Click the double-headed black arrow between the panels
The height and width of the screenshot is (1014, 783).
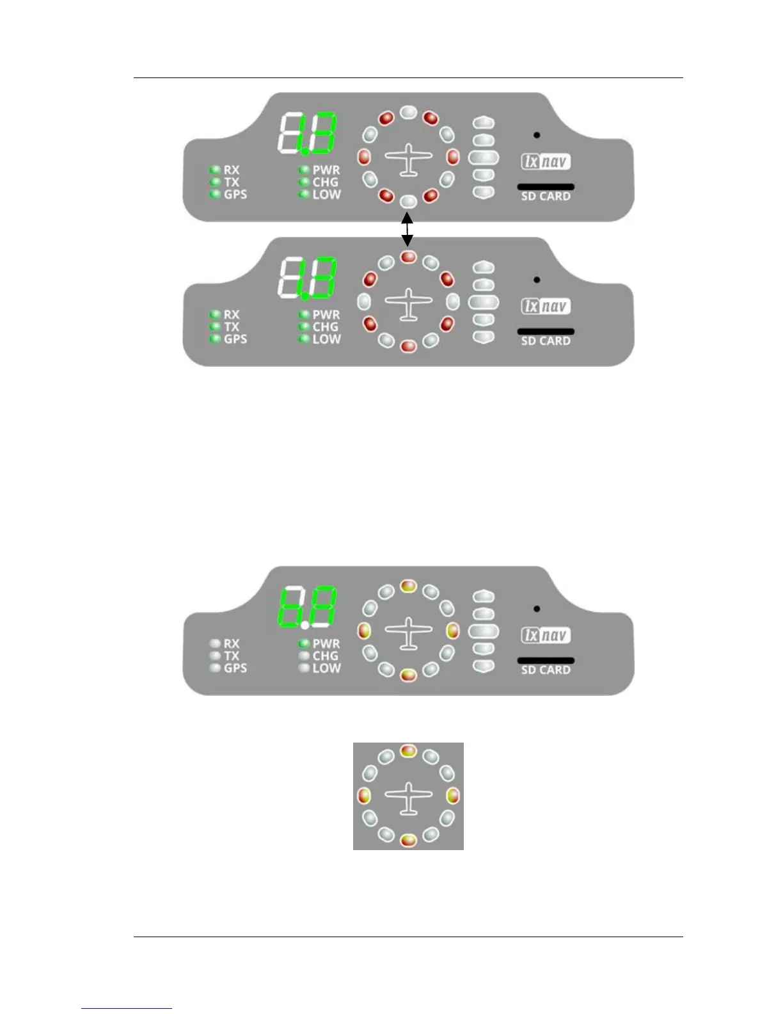tap(407, 229)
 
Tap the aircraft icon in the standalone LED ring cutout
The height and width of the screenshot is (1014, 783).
tap(408, 798)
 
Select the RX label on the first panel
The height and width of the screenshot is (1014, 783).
tap(232, 170)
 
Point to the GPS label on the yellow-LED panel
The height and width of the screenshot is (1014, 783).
tap(235, 668)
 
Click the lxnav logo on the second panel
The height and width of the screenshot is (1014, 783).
tap(545, 307)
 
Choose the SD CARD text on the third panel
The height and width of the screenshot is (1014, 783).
tap(546, 670)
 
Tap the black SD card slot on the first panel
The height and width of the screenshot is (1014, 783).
tap(546, 187)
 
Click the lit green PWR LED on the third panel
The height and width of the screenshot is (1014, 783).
tap(304, 643)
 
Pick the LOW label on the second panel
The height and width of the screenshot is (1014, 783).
tap(326, 339)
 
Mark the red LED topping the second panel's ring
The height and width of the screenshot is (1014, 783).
tap(408, 257)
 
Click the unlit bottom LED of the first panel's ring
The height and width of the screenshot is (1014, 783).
tap(408, 202)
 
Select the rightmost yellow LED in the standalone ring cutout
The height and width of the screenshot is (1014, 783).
tap(453, 796)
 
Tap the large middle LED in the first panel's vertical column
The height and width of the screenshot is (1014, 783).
tap(484, 157)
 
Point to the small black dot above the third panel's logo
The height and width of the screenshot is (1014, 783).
tap(537, 609)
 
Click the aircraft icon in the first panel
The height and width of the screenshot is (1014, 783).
tap(408, 159)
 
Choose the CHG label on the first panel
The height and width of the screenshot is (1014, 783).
tap(326, 182)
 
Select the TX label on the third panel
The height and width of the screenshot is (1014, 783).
tap(232, 656)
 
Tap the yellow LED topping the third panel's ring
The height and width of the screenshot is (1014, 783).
tap(408, 586)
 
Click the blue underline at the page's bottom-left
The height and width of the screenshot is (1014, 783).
tap(127, 1009)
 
